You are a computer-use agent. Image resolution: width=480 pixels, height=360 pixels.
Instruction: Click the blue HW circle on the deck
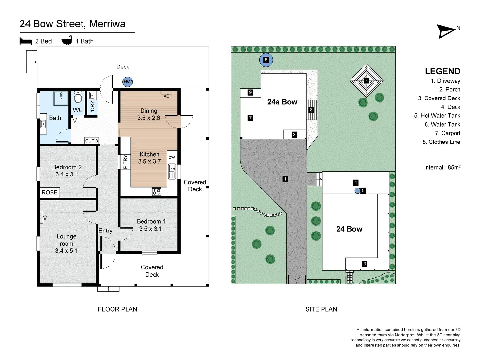point(127,82)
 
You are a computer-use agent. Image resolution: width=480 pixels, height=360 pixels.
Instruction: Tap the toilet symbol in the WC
point(78,97)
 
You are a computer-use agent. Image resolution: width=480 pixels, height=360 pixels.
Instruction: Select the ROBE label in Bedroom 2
point(50,192)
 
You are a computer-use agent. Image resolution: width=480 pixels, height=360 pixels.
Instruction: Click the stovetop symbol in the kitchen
point(157,192)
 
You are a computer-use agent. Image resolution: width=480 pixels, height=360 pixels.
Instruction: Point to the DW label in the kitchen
point(172,157)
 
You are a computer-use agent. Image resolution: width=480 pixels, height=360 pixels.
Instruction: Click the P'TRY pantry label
point(125,161)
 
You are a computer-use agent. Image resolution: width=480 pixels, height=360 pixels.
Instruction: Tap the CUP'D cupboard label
point(92,141)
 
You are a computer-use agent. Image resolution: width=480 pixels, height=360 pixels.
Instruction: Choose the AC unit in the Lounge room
point(42,217)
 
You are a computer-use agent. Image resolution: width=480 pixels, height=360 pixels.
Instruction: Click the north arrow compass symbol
point(446,31)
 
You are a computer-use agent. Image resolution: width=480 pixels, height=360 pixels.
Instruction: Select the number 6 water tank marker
point(266,60)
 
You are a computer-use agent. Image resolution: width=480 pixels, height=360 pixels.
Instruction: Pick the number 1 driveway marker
point(285,179)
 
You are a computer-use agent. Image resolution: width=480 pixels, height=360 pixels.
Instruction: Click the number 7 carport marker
point(250,118)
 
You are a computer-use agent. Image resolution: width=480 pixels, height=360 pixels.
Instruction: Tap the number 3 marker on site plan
point(365,264)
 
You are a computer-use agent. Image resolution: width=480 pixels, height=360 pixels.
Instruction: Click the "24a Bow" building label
point(282,102)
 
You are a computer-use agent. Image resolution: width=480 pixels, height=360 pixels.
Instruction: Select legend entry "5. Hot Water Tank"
point(437,116)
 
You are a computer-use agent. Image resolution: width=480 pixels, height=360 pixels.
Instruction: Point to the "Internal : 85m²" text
point(442,167)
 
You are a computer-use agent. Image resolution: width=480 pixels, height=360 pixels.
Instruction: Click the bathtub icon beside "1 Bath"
point(67,40)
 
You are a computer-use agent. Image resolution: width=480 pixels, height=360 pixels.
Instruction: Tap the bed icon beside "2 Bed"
point(25,41)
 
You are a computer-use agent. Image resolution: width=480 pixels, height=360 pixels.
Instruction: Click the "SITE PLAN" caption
point(321,309)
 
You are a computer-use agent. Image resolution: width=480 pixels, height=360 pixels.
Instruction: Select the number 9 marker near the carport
point(250,92)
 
